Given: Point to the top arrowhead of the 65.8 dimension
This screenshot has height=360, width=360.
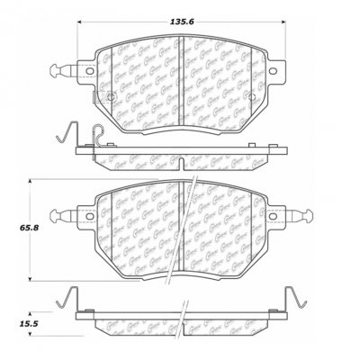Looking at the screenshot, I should coord(33,182).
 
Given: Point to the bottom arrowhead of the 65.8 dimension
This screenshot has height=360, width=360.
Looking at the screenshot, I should coord(33,277).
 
